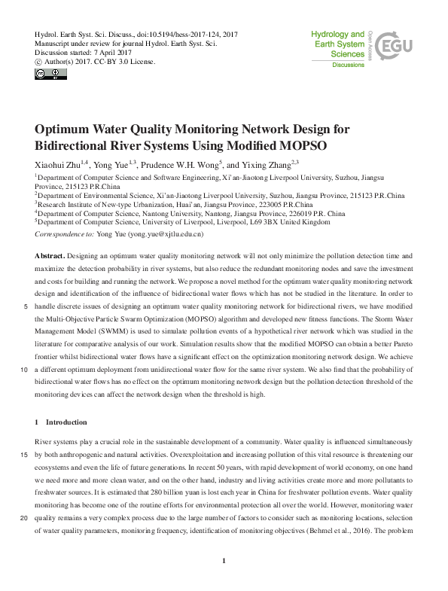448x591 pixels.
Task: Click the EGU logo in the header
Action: click(392, 48)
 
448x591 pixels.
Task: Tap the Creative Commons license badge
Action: click(45, 74)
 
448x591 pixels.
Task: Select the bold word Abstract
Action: click(50, 256)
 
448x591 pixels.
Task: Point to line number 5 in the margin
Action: click(27, 307)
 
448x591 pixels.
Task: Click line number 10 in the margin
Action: click(25, 370)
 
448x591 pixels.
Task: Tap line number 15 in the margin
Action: click(25, 454)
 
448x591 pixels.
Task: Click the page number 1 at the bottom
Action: click(224, 560)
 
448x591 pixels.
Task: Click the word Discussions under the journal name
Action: click(348, 65)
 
